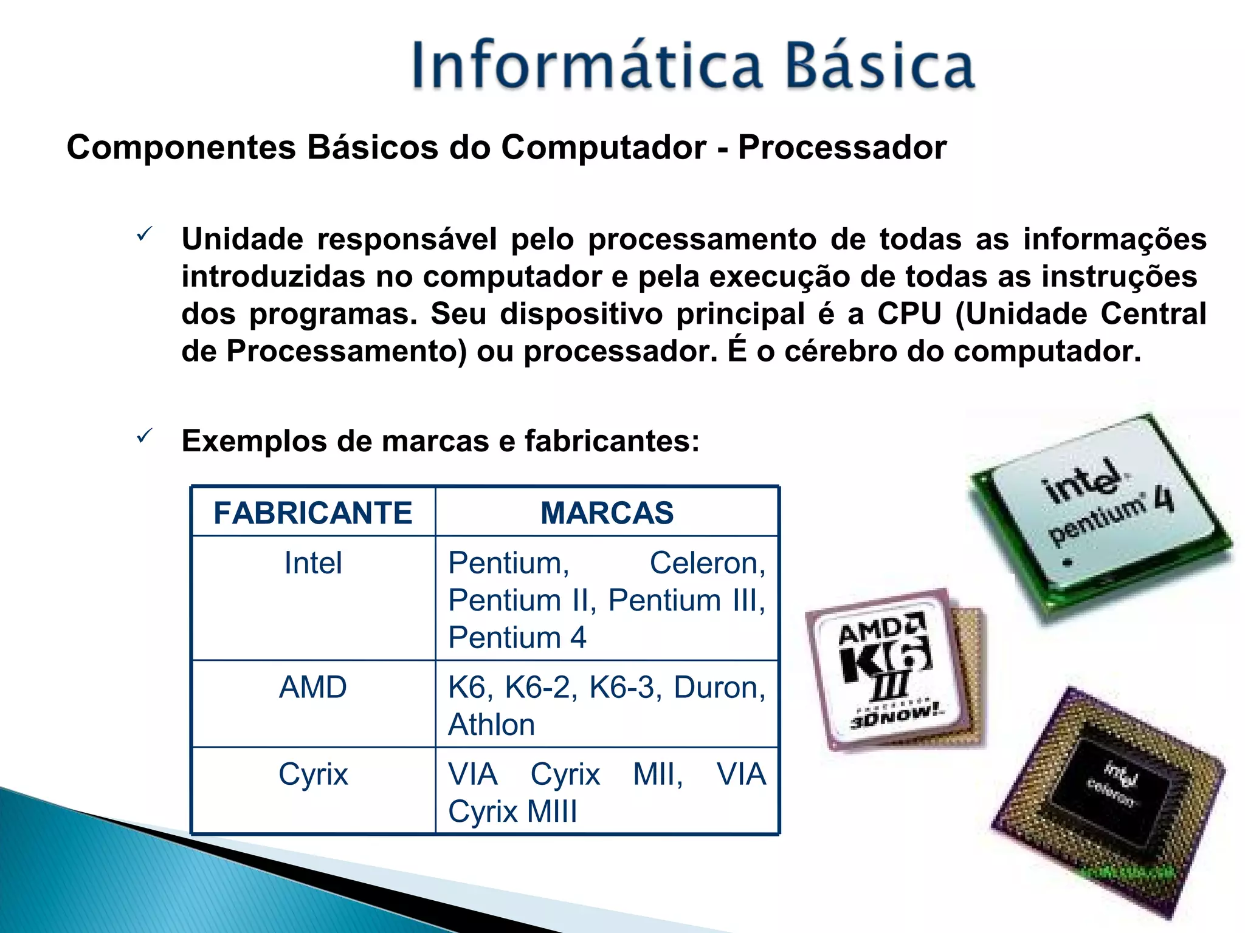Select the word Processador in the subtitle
pos(842,148)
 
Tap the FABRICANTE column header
pos(313,513)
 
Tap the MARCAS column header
pos(607,513)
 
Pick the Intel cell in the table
pos(313,563)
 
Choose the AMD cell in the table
pos(313,688)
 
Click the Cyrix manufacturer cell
pos(313,774)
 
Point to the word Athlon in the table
pos(491,725)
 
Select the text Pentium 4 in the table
pos(517,638)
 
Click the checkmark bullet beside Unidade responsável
pos(144,234)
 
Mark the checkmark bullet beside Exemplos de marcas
pos(144,436)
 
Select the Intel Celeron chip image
pos(1109,802)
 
